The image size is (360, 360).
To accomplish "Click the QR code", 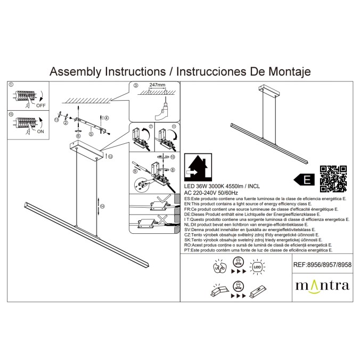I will pyautogui.click(x=333, y=178).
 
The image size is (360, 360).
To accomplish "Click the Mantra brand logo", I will pyautogui.click(x=322, y=285).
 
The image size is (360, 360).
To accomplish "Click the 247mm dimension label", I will pyautogui.click(x=157, y=85).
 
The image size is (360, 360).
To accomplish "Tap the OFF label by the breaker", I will pyautogui.click(x=42, y=105).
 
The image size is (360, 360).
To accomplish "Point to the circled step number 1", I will pyautogui.click(x=11, y=85).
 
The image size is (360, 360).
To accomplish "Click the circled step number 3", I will pyautogui.click(x=136, y=85).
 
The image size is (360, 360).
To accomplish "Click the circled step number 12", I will pyautogui.click(x=110, y=157).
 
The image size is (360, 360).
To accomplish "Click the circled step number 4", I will pyautogui.click(x=107, y=118).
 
